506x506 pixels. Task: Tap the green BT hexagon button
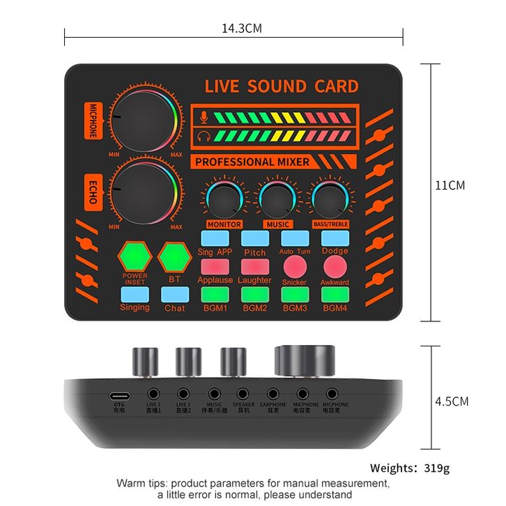click(x=174, y=257)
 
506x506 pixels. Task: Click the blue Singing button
click(x=135, y=296)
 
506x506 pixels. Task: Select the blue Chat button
click(x=175, y=296)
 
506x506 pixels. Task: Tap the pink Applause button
click(x=215, y=266)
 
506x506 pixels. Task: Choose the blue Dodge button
click(x=335, y=238)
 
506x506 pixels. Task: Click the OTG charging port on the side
click(x=118, y=395)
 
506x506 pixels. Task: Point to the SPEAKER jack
click(x=243, y=394)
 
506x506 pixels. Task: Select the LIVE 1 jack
click(x=153, y=394)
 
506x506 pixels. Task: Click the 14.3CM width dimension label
click(x=242, y=29)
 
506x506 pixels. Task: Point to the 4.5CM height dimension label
click(x=452, y=401)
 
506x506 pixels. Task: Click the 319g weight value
click(x=438, y=468)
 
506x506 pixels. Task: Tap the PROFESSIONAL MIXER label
click(x=252, y=162)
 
